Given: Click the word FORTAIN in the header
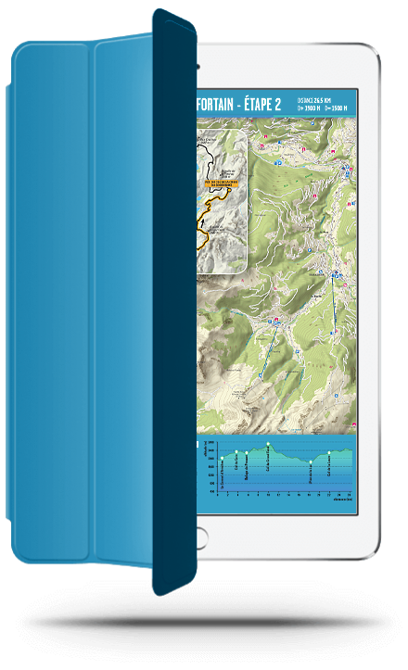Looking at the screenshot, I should tap(223, 104).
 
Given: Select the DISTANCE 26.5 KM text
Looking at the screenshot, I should tap(320, 99).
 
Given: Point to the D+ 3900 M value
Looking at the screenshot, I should tap(310, 108).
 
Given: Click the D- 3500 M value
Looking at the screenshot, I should tap(338, 108).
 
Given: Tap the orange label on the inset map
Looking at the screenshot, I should tap(222, 183).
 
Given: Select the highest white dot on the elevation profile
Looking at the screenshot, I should tap(269, 444).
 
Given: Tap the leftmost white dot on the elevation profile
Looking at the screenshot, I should tap(223, 458).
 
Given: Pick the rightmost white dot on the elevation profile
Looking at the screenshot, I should tap(329, 453).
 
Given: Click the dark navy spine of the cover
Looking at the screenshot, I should tap(173, 306).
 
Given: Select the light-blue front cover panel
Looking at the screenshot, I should tap(83, 306).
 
